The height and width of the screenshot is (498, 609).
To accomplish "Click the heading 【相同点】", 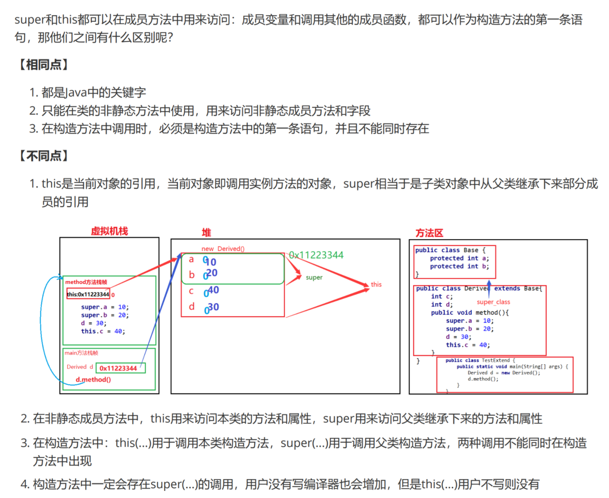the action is [43, 65].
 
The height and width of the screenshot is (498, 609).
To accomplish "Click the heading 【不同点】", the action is [43, 156].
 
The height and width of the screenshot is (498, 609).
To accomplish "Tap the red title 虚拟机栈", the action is [109, 231].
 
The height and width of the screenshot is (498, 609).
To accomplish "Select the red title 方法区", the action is [429, 233].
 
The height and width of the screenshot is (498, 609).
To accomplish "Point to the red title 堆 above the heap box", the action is [206, 232].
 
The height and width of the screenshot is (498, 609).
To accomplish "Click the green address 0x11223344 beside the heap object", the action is [316, 255].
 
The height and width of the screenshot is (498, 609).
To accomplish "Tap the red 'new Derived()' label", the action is [223, 249].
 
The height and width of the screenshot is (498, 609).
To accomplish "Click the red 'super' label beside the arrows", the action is [314, 278].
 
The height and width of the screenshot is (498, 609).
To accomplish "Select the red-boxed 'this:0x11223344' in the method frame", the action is [88, 294].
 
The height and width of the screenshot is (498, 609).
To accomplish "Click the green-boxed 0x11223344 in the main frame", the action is [118, 368].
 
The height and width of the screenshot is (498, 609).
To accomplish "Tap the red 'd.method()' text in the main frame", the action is [93, 380].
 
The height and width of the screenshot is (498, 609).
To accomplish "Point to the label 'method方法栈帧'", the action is [86, 282].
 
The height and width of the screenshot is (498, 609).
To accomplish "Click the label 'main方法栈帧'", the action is [81, 353].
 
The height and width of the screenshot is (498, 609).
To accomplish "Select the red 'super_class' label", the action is [493, 302].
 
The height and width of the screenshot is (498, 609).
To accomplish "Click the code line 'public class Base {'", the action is [450, 250].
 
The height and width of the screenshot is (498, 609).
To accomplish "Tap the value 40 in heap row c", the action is [213, 290].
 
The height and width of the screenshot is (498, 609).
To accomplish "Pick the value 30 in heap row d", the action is [213, 307].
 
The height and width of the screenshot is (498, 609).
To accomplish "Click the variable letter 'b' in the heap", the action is [191, 274].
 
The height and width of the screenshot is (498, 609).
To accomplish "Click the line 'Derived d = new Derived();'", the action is [503, 373].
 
